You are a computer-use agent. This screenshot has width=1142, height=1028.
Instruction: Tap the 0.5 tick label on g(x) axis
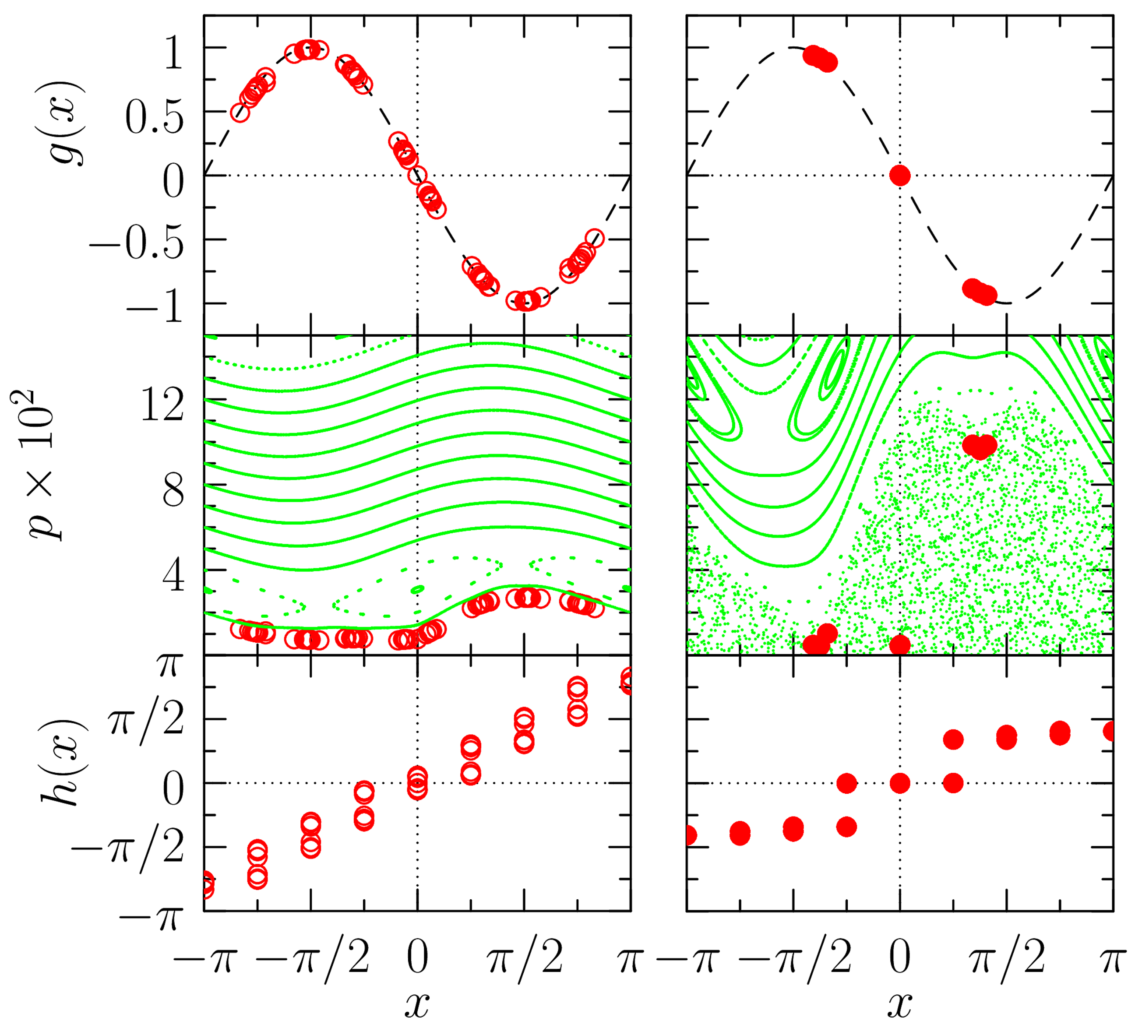point(154,119)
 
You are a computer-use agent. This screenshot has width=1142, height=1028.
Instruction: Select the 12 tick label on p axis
point(162,405)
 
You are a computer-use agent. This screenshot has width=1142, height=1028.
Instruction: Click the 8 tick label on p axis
point(173,490)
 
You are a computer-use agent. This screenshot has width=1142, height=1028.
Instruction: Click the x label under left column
point(417,1004)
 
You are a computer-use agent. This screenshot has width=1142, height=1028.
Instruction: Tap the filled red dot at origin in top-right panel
point(900,176)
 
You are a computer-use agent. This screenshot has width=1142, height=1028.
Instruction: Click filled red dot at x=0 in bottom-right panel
point(900,783)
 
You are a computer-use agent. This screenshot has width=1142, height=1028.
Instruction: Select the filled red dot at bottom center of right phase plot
point(900,644)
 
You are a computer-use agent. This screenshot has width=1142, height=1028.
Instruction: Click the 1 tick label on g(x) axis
point(173,55)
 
